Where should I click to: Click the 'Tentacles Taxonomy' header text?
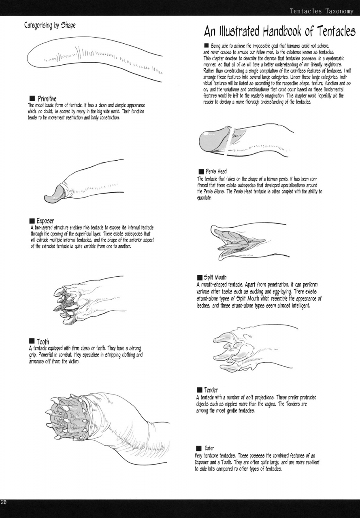coord(322,11)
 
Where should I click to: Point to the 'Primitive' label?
coord(47,99)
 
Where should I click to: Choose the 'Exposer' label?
coord(45,221)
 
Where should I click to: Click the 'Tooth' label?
coord(43,342)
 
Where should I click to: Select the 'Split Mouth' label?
coord(215,277)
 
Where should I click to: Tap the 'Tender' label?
coord(211,390)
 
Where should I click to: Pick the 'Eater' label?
coord(209,448)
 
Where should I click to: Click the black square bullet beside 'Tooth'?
coord(32,341)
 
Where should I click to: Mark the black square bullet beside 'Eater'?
coord(199,449)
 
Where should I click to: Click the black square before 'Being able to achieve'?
coord(207,46)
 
